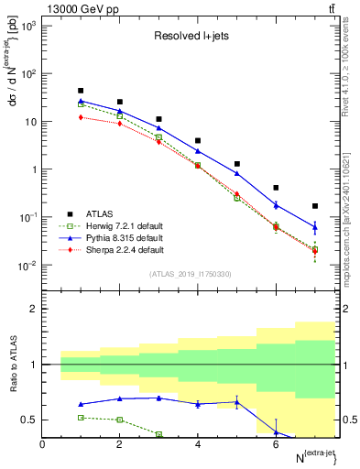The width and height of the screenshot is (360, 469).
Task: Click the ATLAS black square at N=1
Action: click(x=82, y=91)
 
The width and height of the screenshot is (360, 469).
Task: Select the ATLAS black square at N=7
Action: click(x=315, y=206)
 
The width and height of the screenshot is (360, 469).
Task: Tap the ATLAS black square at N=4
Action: click(x=198, y=141)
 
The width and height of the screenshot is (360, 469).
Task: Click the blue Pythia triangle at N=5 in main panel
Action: click(x=237, y=173)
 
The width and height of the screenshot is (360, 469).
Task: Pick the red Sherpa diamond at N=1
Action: click(x=82, y=117)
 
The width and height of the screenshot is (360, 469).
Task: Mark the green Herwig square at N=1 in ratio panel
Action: click(x=82, y=417)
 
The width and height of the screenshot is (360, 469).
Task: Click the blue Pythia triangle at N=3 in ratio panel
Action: click(x=159, y=398)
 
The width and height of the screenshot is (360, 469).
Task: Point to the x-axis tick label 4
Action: click(x=198, y=444)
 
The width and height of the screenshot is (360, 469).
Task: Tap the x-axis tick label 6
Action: click(x=276, y=444)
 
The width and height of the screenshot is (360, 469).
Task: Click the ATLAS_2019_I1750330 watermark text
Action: click(x=190, y=274)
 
